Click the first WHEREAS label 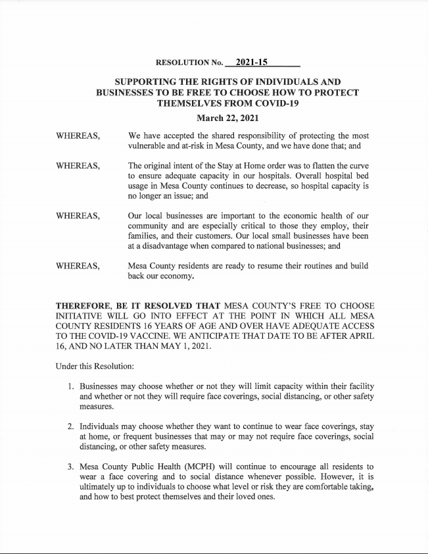tap(78, 136)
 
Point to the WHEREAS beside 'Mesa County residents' tap(78, 266)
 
